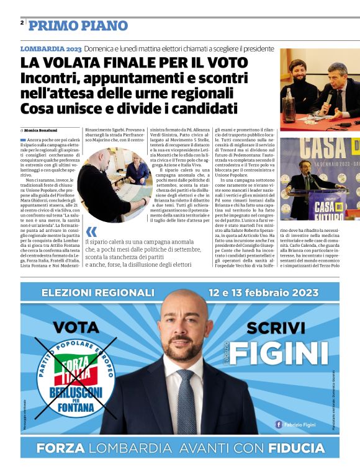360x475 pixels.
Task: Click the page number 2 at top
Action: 22,22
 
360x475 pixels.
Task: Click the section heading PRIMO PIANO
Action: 78,25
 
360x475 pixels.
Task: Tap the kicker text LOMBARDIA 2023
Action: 50,48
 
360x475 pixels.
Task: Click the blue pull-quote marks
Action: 92,231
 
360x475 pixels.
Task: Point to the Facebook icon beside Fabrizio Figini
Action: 279,424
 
